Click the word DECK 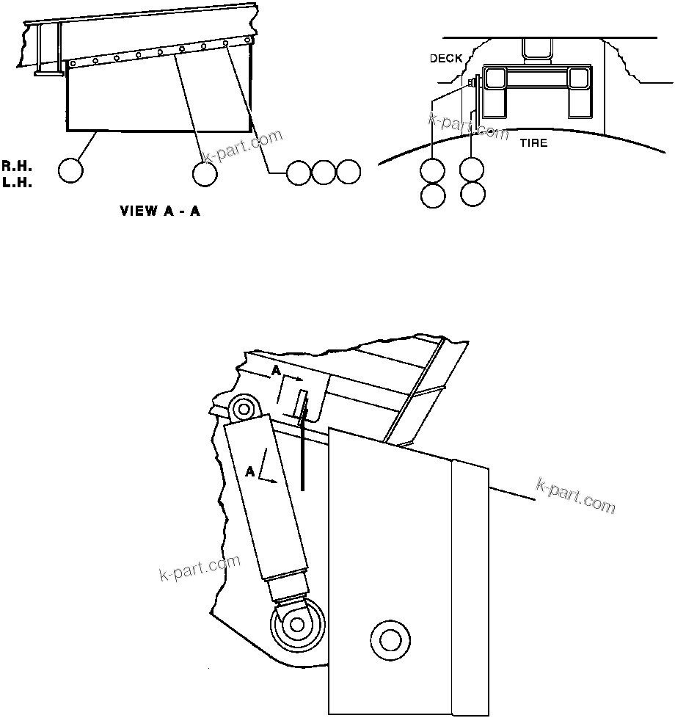446,58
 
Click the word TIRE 533,142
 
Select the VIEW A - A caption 161,211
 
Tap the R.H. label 15,166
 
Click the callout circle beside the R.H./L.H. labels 70,171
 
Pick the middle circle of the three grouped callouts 324,172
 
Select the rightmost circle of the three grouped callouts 349,172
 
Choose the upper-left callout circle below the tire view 432,171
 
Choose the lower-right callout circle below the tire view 472,195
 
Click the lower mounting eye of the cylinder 296,624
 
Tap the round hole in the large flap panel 387,637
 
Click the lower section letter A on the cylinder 251,472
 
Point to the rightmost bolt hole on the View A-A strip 249,40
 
